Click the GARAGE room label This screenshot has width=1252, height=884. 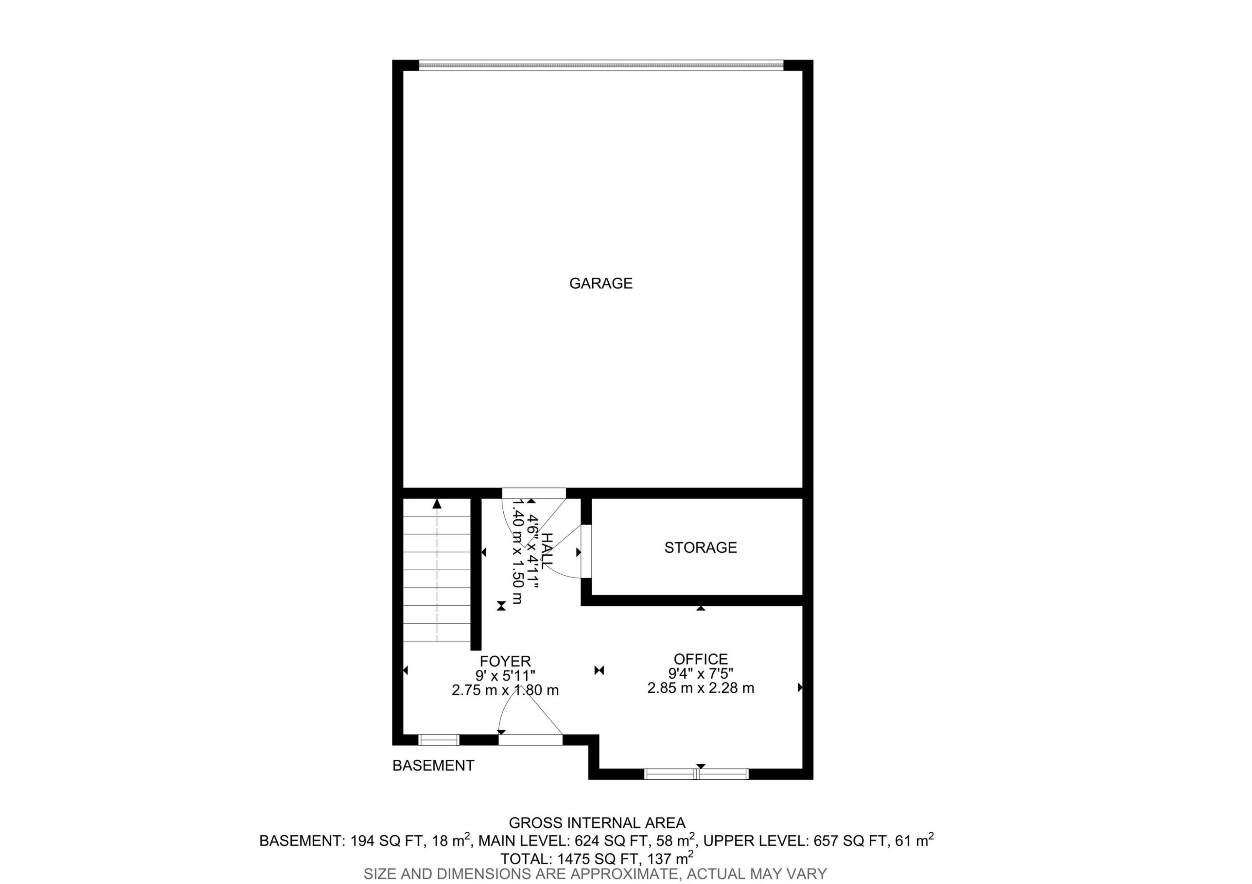point(601,283)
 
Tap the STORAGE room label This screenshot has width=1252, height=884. point(700,547)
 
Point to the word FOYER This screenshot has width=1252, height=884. point(505,661)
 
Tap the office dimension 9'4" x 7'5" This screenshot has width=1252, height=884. point(701,674)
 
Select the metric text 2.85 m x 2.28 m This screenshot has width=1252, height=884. point(701,688)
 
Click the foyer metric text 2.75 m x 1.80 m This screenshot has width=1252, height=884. point(505,690)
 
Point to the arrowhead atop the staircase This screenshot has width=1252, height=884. point(437,504)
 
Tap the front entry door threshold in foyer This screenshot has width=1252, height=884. point(530,740)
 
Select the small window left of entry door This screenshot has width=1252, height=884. point(439,740)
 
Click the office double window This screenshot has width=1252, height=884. point(697,774)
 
